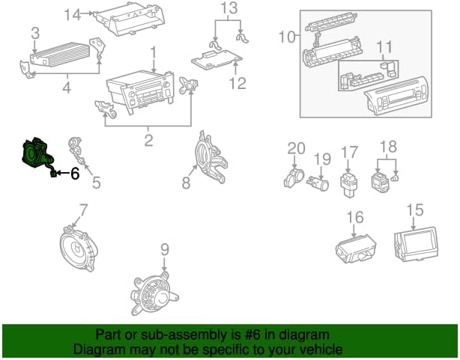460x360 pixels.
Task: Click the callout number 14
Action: point(73,14)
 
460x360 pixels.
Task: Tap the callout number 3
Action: point(35,34)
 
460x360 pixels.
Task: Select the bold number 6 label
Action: point(75,174)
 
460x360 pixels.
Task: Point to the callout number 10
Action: point(287,37)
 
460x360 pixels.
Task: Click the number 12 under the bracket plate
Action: point(237,83)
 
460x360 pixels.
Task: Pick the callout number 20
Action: point(296,148)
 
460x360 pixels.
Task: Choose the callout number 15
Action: point(415,210)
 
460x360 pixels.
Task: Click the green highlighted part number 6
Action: point(37,155)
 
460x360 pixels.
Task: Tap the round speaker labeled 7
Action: point(79,248)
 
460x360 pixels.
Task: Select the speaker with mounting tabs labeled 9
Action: point(154,294)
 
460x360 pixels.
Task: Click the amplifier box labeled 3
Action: point(60,55)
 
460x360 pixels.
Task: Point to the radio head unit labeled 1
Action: point(140,91)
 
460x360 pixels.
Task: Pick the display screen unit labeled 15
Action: point(416,244)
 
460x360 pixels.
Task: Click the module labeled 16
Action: point(356,248)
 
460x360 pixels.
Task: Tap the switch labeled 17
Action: point(348,185)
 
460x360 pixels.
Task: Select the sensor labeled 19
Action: point(318,183)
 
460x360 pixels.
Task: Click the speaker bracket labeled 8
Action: point(211,158)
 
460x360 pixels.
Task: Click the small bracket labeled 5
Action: point(77,150)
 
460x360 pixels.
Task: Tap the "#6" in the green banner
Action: point(252,335)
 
